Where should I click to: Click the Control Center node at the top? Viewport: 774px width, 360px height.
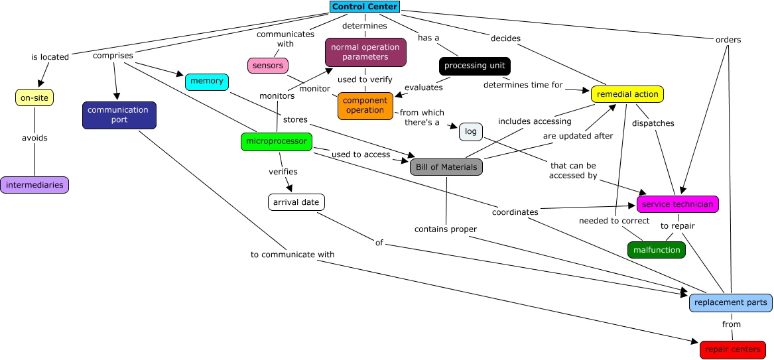pos(365,7)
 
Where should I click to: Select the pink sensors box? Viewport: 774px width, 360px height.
pos(268,66)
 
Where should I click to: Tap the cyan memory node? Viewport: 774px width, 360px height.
pos(207,82)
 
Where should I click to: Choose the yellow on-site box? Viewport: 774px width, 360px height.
pos(34,97)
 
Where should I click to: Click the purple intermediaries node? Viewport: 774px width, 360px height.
pos(34,185)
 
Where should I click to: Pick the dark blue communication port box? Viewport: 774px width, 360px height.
pos(119,115)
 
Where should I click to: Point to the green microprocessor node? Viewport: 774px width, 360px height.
pos(276,141)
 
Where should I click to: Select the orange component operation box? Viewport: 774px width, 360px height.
pos(365,105)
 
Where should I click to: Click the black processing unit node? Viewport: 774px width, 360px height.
pos(474,66)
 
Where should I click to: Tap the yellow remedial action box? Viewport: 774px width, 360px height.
pos(627,94)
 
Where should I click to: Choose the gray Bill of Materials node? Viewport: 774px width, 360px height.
pos(446,167)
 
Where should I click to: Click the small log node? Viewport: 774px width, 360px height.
pos(470,132)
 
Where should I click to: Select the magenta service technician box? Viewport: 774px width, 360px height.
pos(677,204)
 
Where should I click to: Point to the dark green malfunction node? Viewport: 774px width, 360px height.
pos(656,250)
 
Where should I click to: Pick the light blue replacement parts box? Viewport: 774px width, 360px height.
pos(730,302)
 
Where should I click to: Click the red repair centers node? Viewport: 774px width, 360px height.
pos(732,349)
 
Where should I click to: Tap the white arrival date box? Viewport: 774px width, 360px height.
pos(296,202)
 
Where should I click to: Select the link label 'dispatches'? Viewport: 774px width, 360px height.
pos(653,123)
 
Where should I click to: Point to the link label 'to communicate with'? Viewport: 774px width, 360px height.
pos(292,254)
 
